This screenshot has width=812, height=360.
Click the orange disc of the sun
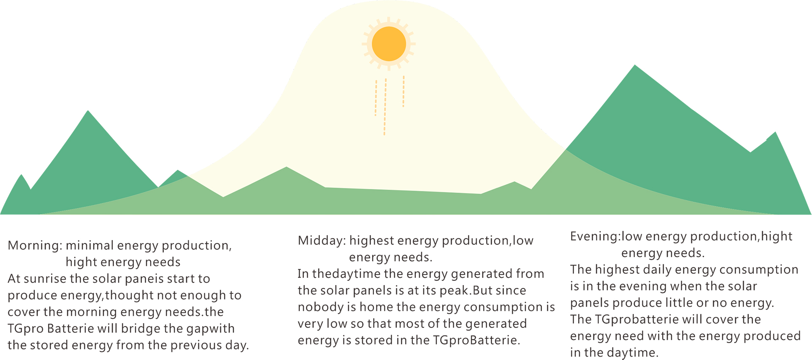coord(389,44)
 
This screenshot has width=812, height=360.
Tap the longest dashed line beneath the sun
coord(385,107)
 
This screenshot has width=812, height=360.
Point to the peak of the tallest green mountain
coord(635,65)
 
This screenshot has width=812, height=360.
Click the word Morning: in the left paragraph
coord(35,246)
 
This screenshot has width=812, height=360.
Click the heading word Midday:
coord(322,241)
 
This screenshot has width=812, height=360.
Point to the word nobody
coord(315,307)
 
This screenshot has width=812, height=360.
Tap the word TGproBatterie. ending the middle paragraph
coord(477,341)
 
